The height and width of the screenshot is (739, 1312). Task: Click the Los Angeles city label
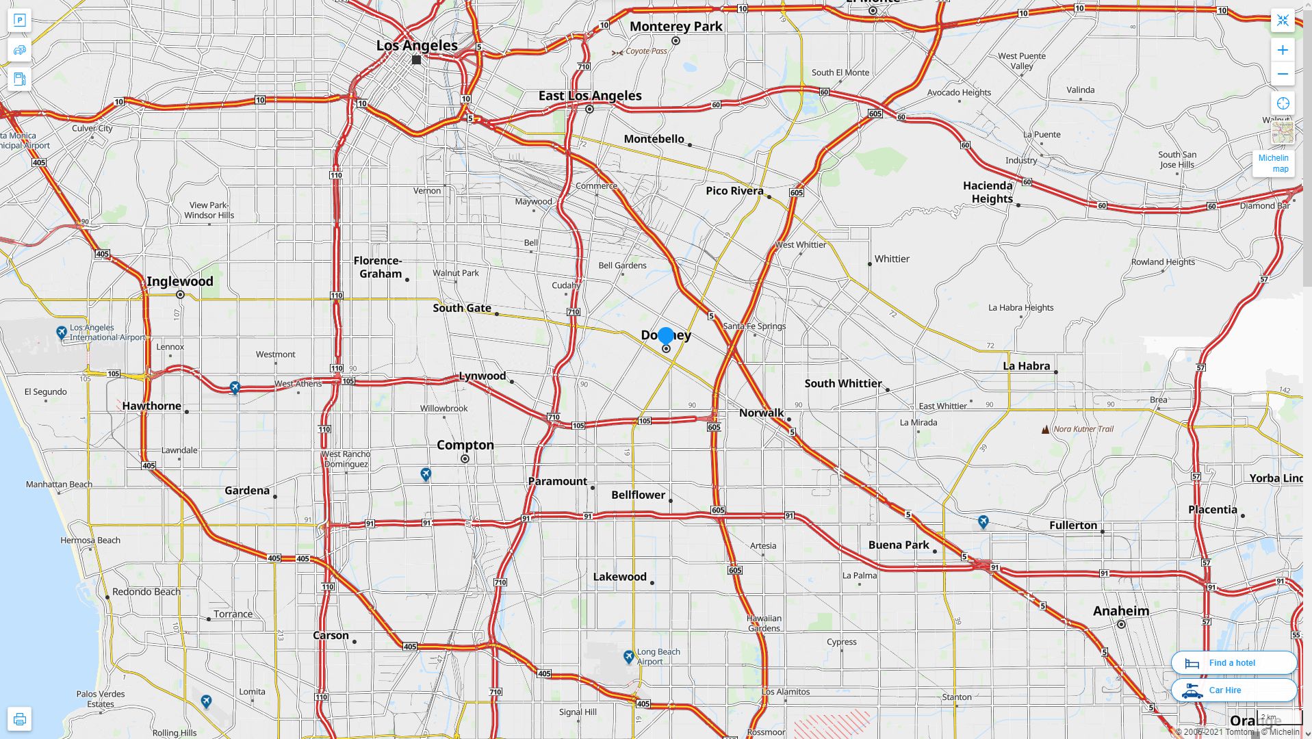pyautogui.click(x=417, y=46)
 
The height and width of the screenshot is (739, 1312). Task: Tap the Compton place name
pyautogui.click(x=465, y=445)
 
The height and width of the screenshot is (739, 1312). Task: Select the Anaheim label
pyautogui.click(x=1120, y=611)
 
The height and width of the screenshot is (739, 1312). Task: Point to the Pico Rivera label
pyautogui.click(x=734, y=191)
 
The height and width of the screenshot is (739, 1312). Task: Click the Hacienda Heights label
pyautogui.click(x=988, y=192)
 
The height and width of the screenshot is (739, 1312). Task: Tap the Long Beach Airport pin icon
pyautogui.click(x=629, y=657)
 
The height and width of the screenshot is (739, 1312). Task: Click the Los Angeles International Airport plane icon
pyautogui.click(x=62, y=333)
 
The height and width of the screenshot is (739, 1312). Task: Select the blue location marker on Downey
pyautogui.click(x=666, y=336)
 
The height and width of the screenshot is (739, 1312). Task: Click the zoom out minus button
pyautogui.click(x=1283, y=74)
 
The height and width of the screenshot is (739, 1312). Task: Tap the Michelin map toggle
pyautogui.click(x=1273, y=163)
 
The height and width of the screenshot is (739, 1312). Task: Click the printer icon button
pyautogui.click(x=19, y=719)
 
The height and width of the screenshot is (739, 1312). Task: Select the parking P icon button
pyautogui.click(x=19, y=20)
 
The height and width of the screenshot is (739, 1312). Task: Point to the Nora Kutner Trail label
pyautogui.click(x=1083, y=429)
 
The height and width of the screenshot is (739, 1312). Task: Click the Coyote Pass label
pyautogui.click(x=646, y=51)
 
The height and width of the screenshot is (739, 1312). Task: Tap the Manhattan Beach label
pyautogui.click(x=59, y=484)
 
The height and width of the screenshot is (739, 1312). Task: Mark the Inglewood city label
pyautogui.click(x=180, y=281)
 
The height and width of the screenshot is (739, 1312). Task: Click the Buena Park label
pyautogui.click(x=899, y=545)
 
